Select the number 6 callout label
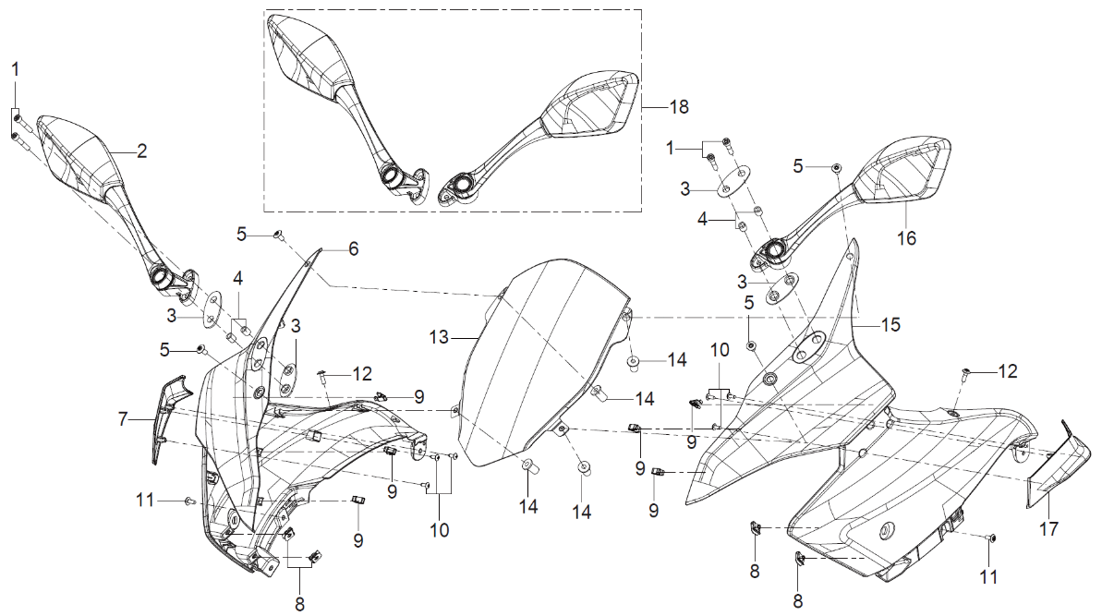click(x=353, y=249)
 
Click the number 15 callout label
click(x=890, y=325)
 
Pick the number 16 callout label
click(x=907, y=238)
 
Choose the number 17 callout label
click(x=1049, y=530)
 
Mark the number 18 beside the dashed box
click(x=678, y=107)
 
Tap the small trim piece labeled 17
click(x=1053, y=466)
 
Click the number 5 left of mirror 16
click(x=800, y=166)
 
